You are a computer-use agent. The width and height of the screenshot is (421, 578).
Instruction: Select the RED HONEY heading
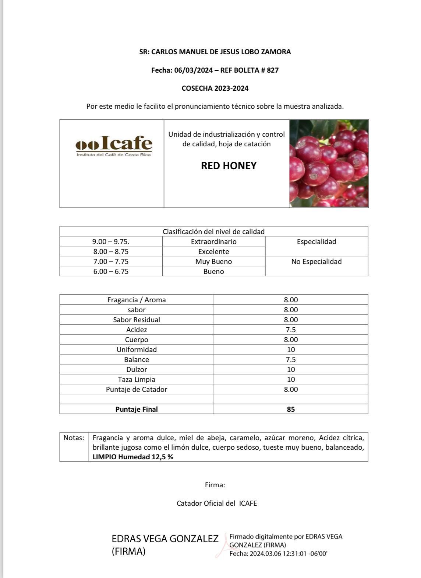(229, 166)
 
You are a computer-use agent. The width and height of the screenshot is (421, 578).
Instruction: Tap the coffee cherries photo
(329, 163)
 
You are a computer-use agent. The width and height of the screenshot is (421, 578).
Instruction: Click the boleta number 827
(273, 70)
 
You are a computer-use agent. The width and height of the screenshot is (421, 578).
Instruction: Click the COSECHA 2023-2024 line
(215, 88)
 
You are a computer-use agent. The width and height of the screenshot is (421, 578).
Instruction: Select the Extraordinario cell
(213, 242)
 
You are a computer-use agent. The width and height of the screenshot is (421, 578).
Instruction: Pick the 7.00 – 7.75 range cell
(111, 262)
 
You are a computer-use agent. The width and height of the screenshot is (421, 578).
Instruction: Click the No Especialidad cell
(316, 262)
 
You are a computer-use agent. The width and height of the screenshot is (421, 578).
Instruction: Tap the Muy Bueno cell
(213, 262)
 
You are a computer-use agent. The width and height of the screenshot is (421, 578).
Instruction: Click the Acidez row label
(137, 330)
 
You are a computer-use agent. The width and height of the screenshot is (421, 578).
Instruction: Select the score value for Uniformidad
(291, 350)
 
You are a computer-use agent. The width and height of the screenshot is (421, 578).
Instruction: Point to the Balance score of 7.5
(291, 360)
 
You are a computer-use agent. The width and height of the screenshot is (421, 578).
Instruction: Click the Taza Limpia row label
(137, 380)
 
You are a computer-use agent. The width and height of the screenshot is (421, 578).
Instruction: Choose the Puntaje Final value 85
(291, 410)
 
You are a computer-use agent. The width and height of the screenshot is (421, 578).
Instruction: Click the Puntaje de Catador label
(137, 390)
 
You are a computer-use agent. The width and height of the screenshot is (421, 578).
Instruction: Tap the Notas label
(74, 438)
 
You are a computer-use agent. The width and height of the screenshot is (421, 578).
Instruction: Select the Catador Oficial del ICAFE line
(217, 504)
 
